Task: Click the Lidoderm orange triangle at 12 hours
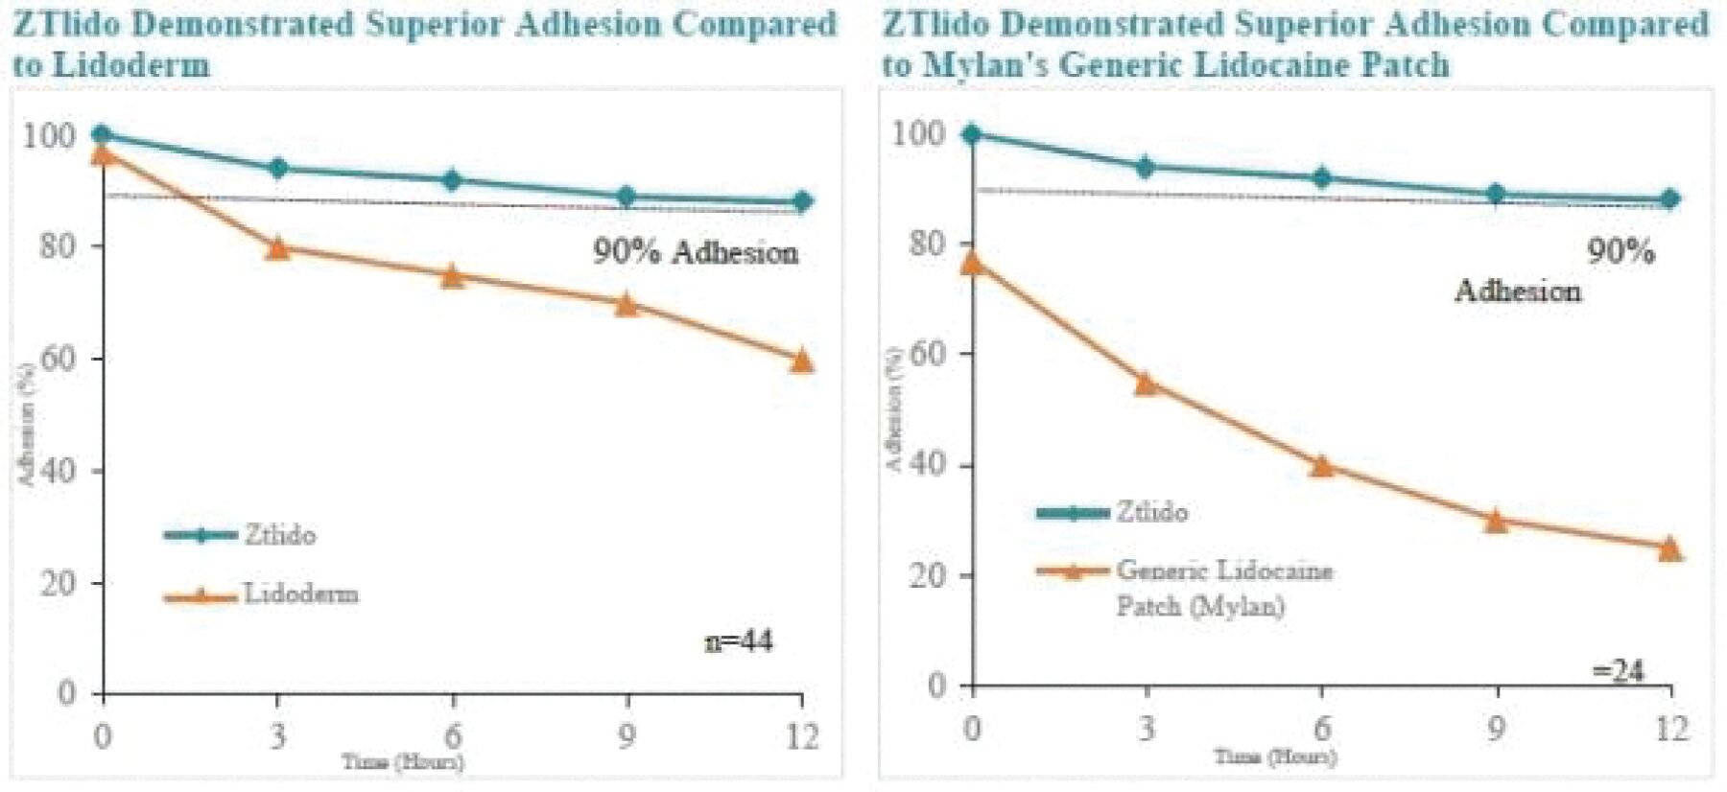pos(801,361)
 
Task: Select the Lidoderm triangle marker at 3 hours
pos(277,248)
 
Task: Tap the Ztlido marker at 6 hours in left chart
pos(452,180)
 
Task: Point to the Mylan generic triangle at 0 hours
pos(972,263)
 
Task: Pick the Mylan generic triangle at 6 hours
pos(1322,466)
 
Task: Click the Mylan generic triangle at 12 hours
pos(1669,548)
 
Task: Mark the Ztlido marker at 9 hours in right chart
pos(1496,195)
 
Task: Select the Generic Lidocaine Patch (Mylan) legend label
pos(1222,587)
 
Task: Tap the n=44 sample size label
pos(739,641)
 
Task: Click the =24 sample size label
pos(1619,670)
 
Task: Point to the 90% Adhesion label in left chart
pos(696,252)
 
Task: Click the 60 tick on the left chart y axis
pos(59,359)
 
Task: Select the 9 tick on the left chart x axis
pos(627,736)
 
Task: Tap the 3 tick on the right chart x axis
pos(1147,729)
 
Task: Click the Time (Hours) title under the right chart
pos(1275,757)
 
